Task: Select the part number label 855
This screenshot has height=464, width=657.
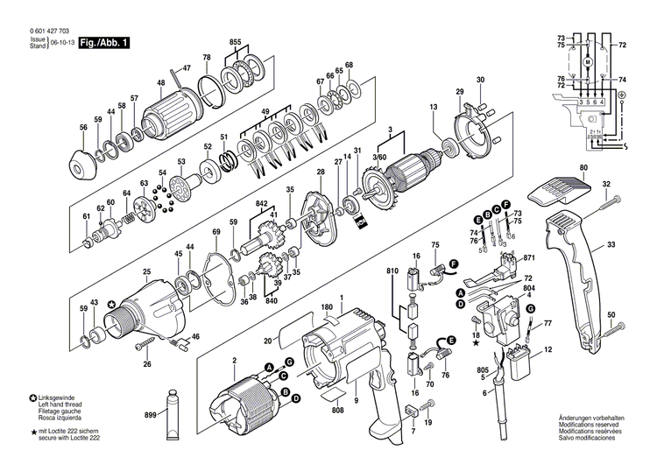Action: pos(235,42)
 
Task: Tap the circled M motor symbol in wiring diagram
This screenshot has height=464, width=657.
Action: pos(588,63)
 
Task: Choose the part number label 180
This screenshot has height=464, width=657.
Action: pos(327,308)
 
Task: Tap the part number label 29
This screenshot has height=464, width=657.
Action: pos(459,93)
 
